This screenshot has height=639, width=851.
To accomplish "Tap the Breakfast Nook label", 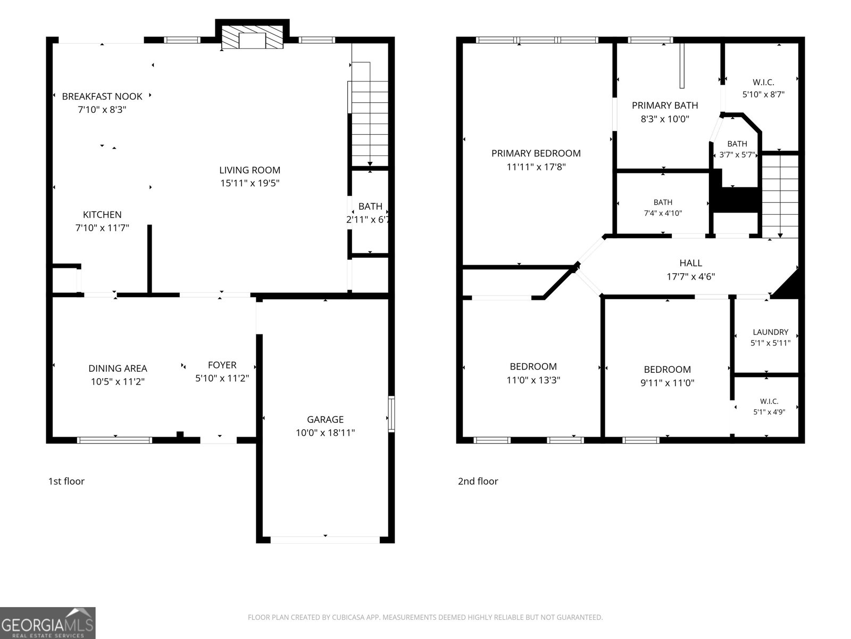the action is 102,96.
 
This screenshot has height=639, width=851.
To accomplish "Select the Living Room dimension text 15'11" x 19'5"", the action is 249,183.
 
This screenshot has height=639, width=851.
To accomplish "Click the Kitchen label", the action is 102,215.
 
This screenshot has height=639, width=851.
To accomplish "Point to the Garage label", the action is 325,420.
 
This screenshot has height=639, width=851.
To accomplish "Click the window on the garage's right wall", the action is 391,414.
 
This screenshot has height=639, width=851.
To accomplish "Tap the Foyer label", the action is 222,365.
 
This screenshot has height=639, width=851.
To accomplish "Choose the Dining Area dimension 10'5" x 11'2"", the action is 118,382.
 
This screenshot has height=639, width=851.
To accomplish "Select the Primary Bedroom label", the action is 536,153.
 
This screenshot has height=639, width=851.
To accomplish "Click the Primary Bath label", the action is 665,105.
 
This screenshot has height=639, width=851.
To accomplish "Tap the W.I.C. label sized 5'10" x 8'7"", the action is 763,82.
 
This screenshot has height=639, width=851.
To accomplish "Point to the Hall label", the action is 690,263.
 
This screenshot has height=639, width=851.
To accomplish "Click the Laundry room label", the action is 770,332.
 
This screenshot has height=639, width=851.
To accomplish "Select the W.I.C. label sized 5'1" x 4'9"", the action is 769,401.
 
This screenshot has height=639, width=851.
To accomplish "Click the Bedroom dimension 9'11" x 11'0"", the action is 667,383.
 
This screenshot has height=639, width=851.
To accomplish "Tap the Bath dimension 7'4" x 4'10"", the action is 663,213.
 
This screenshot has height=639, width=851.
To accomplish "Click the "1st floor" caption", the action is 66,481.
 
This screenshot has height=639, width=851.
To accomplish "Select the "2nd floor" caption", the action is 478,481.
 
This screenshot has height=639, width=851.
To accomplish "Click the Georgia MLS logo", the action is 48,623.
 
